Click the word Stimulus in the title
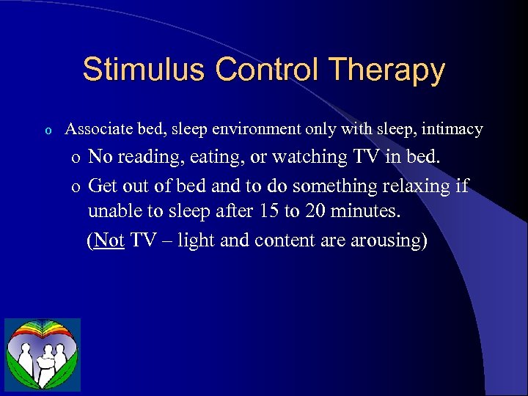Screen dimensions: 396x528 click(x=145, y=70)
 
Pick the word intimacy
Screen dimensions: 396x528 click(x=453, y=130)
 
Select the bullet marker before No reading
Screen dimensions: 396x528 click(x=76, y=158)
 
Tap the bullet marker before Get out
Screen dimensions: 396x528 click(x=76, y=186)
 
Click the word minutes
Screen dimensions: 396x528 click(x=368, y=213)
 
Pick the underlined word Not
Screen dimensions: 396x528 click(x=109, y=241)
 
